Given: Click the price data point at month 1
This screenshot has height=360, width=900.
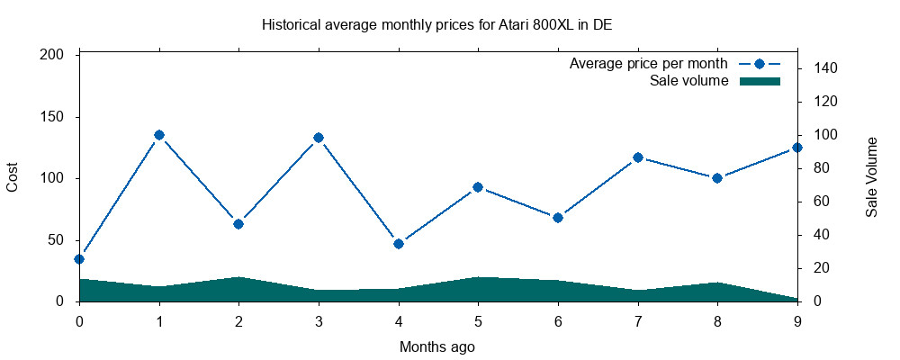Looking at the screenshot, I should coord(159,135).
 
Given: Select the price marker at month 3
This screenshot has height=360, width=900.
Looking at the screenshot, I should coord(319,138).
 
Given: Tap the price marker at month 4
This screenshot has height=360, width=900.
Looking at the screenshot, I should coord(399,243).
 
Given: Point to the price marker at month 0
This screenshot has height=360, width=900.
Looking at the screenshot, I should coord(79,258).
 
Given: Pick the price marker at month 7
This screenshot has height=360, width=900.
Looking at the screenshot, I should coord(638,157).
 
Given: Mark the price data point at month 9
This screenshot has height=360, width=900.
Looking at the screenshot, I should coord(797,148).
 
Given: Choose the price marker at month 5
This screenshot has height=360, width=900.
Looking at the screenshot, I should coord(478,187).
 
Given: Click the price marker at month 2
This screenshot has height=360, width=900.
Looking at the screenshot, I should coord(238,223).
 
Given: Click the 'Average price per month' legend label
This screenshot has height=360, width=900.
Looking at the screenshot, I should coord(648,64).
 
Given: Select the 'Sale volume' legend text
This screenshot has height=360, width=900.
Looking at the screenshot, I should coord(688,81).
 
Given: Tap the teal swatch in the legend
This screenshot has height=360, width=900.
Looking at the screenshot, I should coord(759,81).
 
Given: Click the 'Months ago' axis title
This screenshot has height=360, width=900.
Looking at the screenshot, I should coord(437,346).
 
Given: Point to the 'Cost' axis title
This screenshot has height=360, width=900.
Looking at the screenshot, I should coord(13,177).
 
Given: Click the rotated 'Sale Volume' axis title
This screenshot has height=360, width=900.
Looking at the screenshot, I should coord(872,177).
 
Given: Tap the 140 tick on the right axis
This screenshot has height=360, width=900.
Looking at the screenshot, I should coord(827,68).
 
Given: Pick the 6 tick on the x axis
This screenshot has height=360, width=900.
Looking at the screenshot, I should coord(558,319).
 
